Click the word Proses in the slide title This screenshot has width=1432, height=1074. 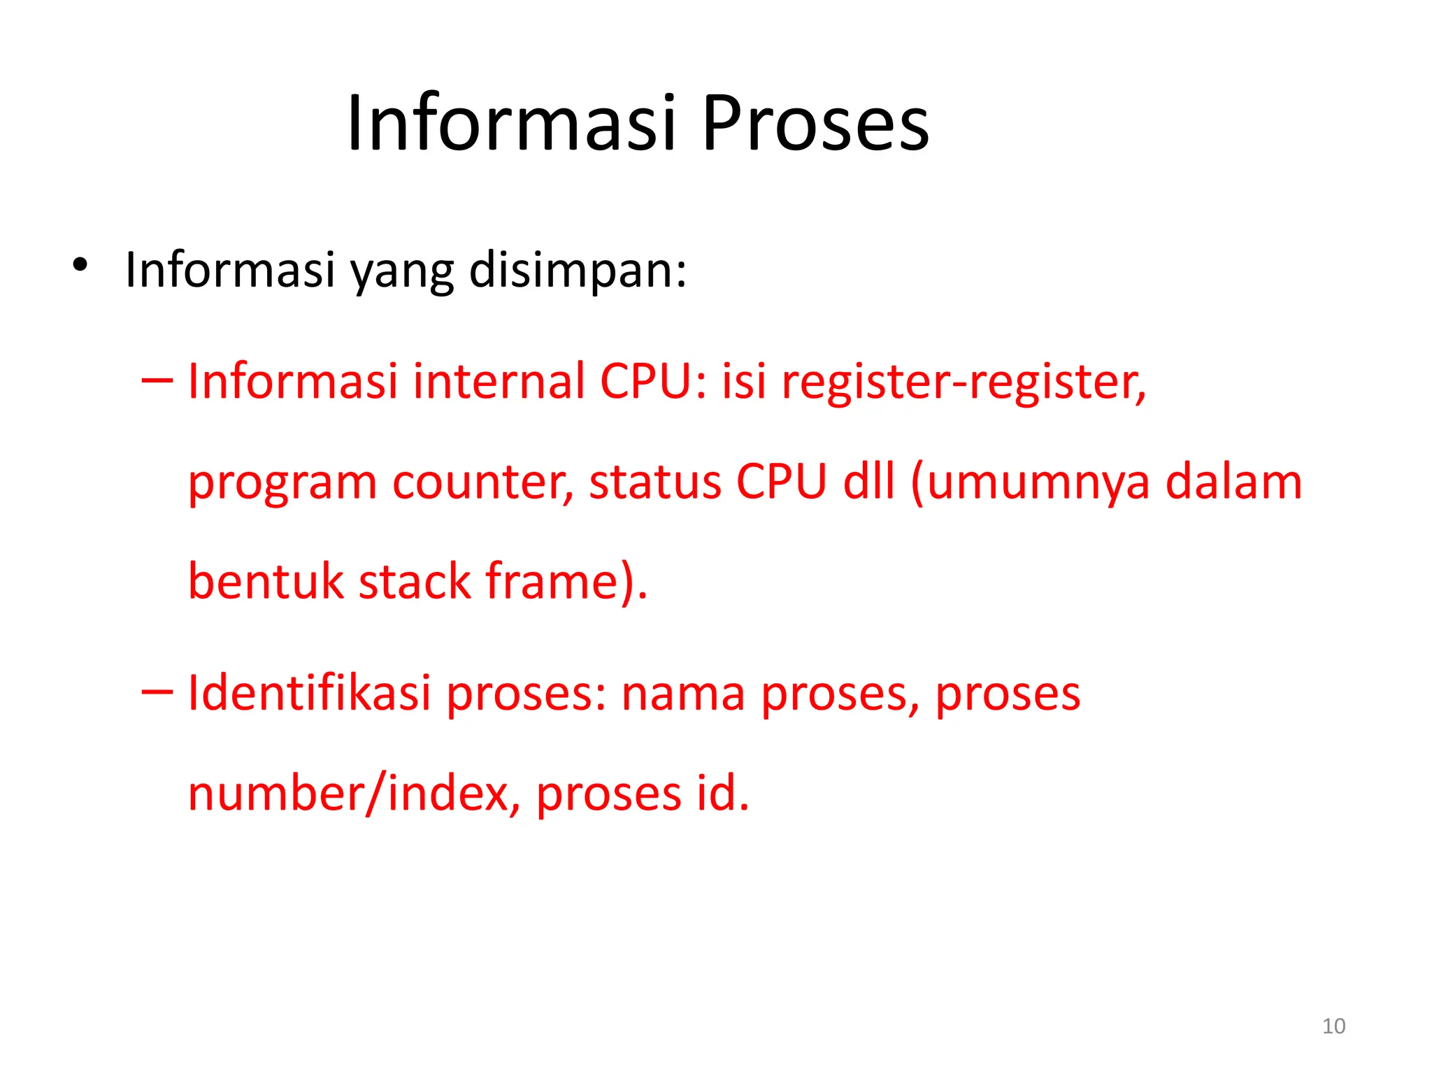tap(815, 124)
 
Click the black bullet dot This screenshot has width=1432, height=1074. tap(80, 265)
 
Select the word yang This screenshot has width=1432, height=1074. tap(402, 271)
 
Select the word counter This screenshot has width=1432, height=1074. tap(482, 482)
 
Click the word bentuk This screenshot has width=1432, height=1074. tap(266, 581)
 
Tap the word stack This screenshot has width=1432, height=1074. tap(415, 581)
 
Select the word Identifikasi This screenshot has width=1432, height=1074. tap(309, 693)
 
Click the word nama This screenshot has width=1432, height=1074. tap(682, 694)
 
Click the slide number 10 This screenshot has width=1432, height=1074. tap(1333, 1026)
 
